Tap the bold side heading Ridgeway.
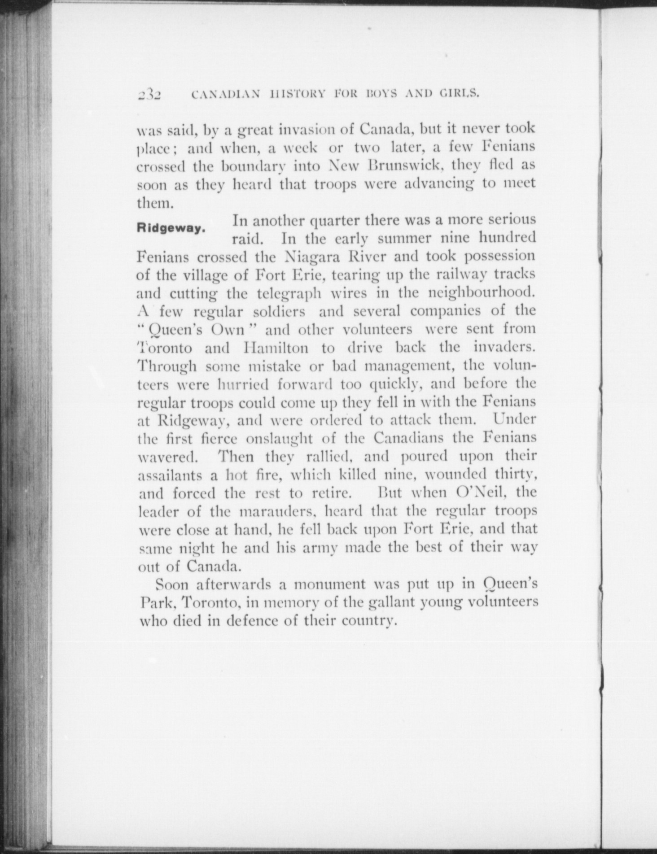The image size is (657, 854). [171, 228]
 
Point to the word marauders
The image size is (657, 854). [276, 511]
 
